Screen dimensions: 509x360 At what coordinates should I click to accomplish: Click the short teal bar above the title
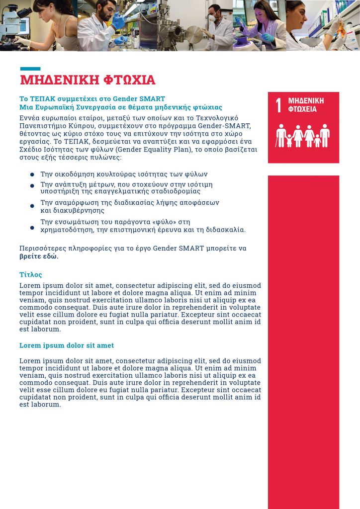(30, 69)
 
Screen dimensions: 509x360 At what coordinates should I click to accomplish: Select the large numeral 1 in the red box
(278, 105)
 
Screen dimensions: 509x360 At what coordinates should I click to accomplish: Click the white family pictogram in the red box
(303, 135)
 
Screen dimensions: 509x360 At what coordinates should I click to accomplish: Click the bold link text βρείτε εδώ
(39, 257)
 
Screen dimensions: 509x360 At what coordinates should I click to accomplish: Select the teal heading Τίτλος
(31, 274)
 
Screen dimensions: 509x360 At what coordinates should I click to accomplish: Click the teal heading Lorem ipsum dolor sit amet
(67, 345)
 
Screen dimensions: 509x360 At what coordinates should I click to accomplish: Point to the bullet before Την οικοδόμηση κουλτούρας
(32, 175)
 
